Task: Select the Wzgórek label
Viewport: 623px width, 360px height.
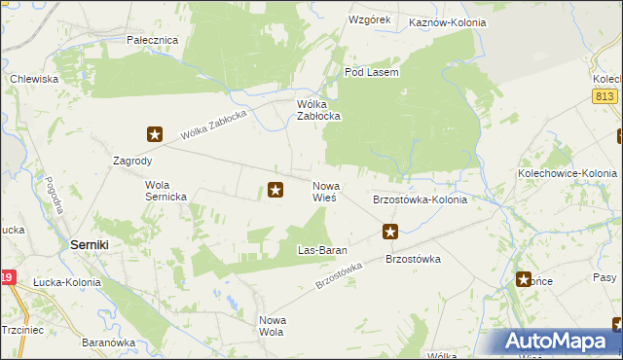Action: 369,19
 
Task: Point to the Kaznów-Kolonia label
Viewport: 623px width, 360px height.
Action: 447,20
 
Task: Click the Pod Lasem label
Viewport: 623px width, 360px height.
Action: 372,72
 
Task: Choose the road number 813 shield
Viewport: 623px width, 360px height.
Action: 604,94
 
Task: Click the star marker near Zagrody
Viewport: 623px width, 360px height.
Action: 155,134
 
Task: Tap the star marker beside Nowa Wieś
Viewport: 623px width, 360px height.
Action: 275,190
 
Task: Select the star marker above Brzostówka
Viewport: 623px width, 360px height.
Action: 390,232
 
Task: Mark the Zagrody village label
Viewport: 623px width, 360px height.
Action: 132,162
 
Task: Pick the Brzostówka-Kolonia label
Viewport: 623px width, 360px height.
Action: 421,199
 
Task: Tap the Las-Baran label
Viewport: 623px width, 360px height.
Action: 322,250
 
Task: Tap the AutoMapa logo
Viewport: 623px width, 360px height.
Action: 557,342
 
